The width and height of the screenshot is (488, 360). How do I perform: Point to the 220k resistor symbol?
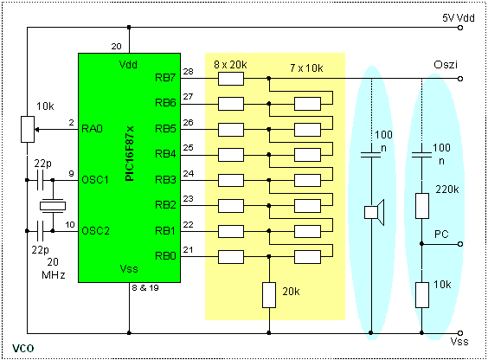pyautogui.click(x=422, y=206)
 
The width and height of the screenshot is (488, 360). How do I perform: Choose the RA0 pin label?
pyautogui.click(x=93, y=129)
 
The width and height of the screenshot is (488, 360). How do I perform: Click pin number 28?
pyautogui.click(x=189, y=70)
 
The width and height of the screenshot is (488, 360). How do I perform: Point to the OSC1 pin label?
pyautogui.click(x=95, y=180)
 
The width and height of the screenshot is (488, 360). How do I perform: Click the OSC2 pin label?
pyautogui.click(x=95, y=231)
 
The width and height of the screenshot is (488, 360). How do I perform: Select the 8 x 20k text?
pyautogui.click(x=231, y=65)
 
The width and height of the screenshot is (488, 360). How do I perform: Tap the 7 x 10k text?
pyautogui.click(x=306, y=67)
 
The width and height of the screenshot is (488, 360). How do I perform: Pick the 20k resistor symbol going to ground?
pyautogui.click(x=270, y=294)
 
